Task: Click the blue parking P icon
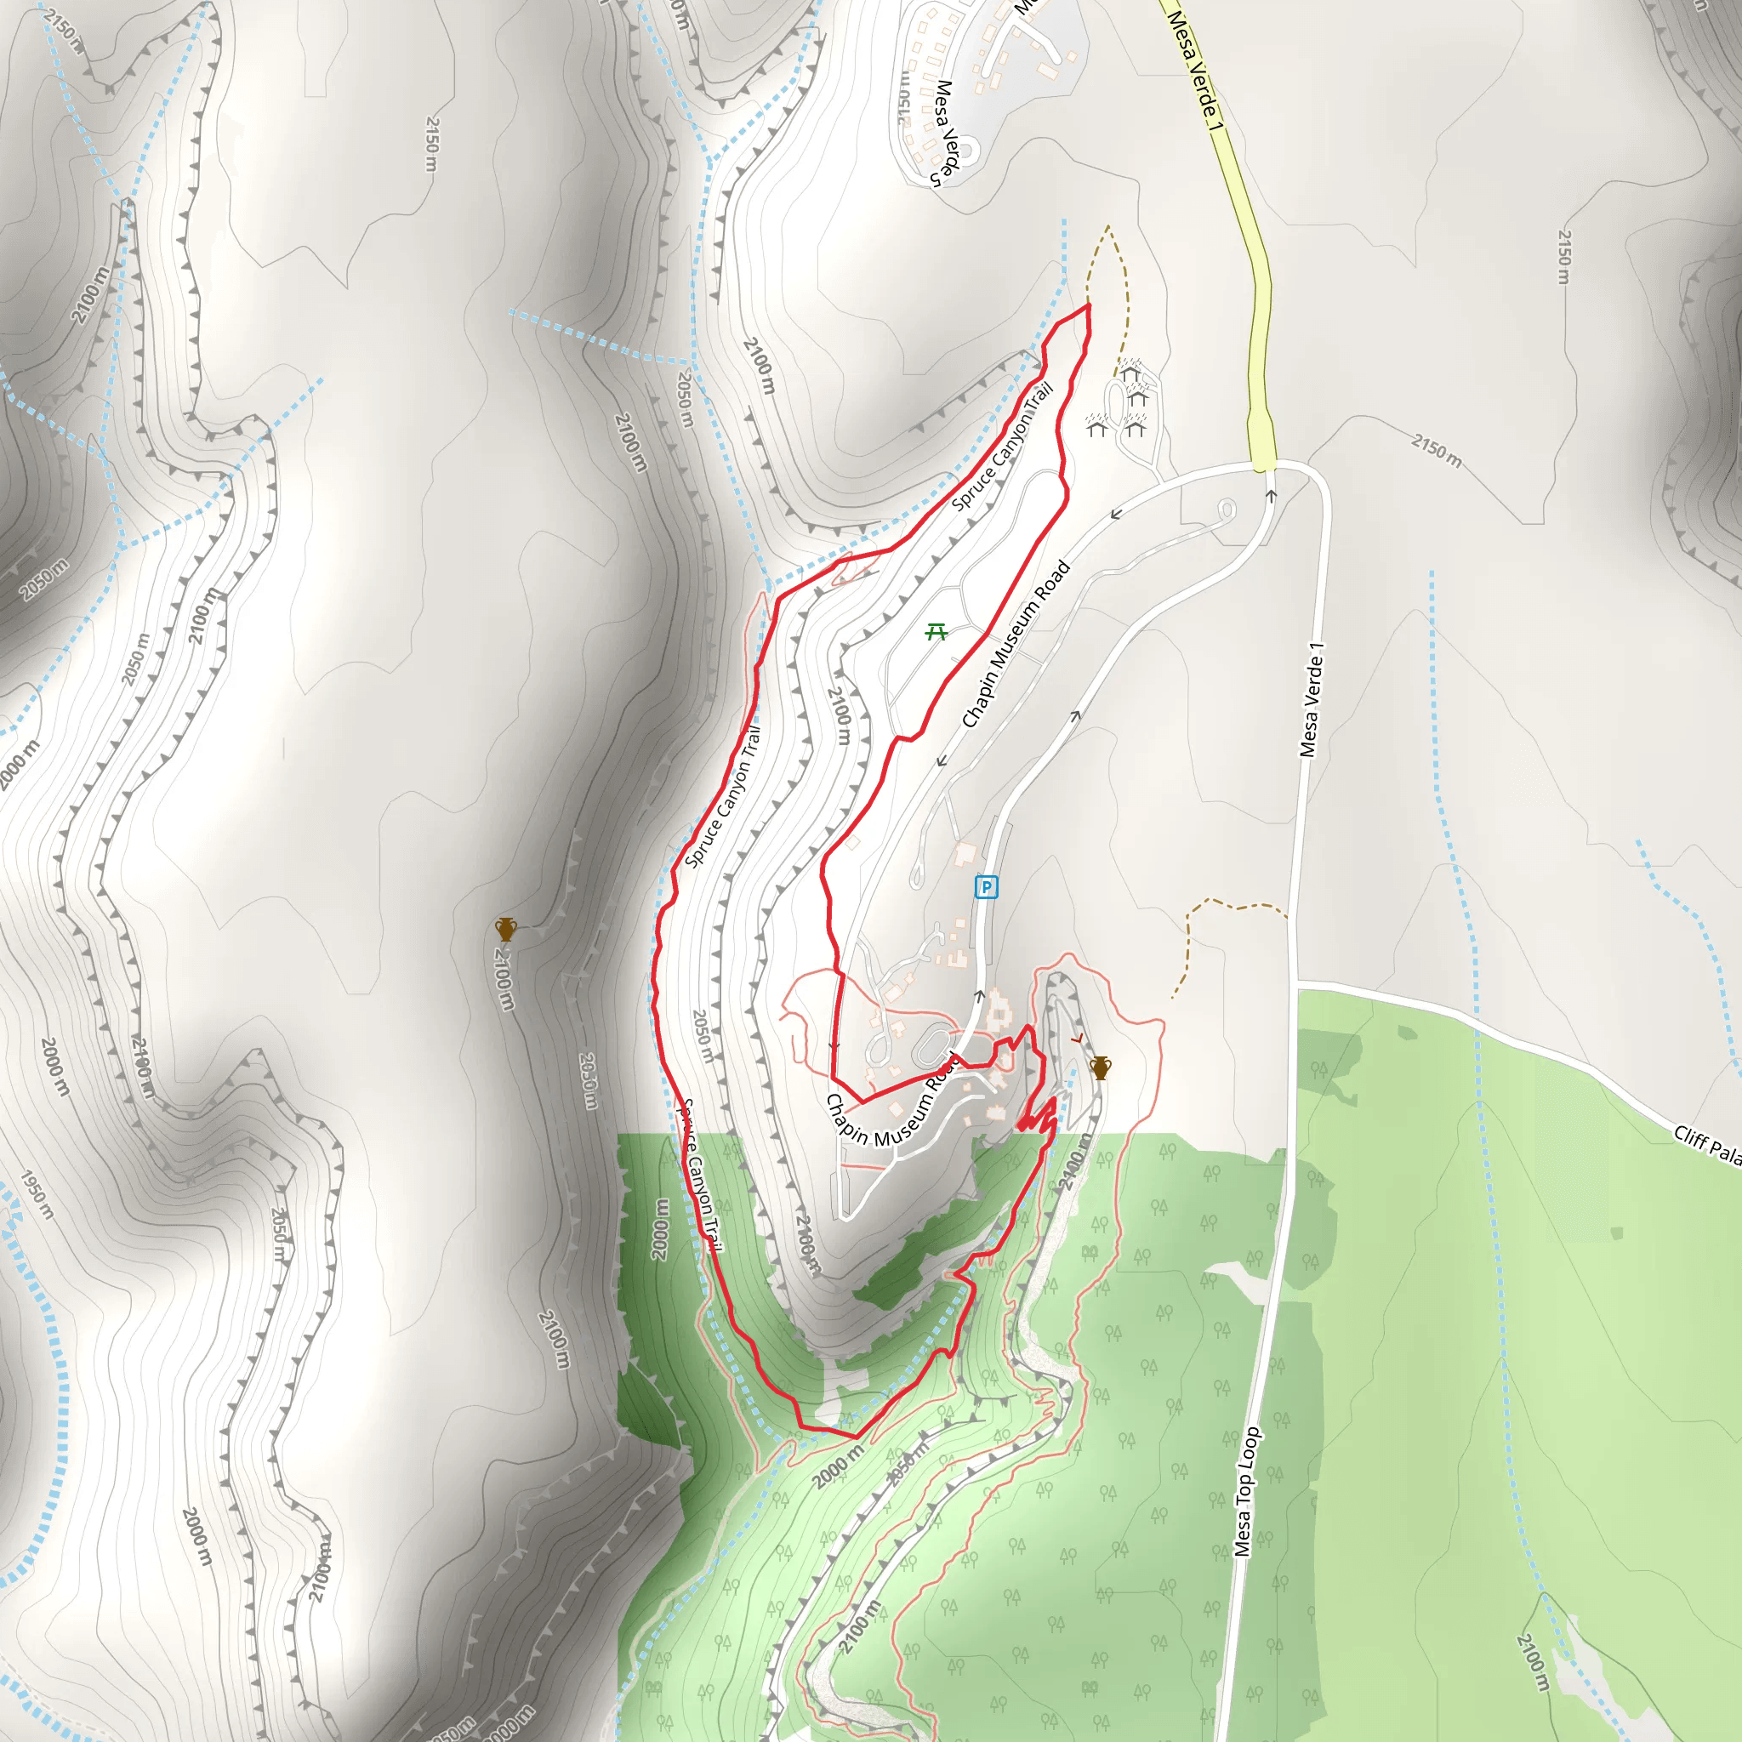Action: click(987, 888)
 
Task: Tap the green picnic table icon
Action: click(936, 632)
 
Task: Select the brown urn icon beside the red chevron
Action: click(1100, 1067)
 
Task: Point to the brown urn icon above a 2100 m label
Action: click(506, 930)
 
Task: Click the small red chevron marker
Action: click(1077, 1039)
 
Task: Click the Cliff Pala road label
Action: click(1706, 1143)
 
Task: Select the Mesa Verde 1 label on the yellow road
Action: click(1196, 69)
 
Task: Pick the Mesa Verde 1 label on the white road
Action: click(1312, 700)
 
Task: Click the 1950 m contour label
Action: click(37, 1195)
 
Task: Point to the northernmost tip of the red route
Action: click(1088, 305)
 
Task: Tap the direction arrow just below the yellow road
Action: click(1272, 495)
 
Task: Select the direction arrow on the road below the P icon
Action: click(979, 996)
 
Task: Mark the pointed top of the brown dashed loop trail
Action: click(1107, 226)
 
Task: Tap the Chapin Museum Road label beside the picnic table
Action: click(1016, 644)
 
